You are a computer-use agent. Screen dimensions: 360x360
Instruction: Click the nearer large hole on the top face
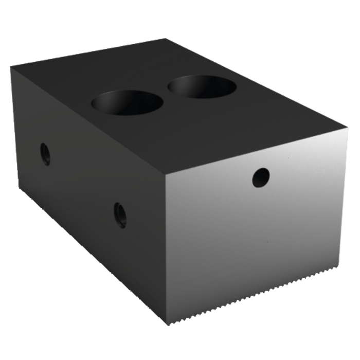coord(127,103)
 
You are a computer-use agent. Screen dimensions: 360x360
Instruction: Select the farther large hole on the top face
coord(202,86)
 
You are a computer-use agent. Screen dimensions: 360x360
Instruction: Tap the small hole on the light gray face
coord(261,178)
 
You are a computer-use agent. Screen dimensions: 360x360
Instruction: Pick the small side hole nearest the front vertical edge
coord(120,215)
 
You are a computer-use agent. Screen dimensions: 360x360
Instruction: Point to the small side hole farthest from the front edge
coord(45,154)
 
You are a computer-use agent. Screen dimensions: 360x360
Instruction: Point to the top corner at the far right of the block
coord(345,127)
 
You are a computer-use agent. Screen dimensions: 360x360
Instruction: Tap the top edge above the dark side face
coord(87,120)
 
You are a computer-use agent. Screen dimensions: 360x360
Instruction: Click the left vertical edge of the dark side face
coord(15,129)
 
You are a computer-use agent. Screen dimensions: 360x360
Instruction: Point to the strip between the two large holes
coord(166,95)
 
